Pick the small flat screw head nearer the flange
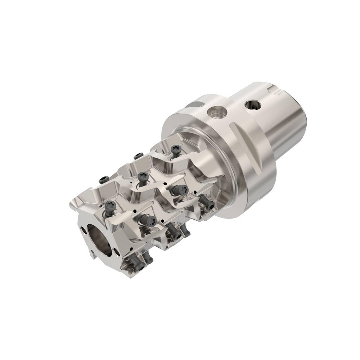(x=138, y=156)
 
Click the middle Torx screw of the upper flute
(x=142, y=176)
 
